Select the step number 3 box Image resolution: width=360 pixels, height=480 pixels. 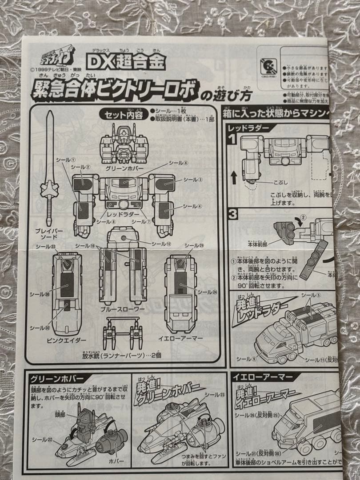(x=232, y=213)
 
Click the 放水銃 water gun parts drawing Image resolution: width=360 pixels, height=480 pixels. (x=122, y=333)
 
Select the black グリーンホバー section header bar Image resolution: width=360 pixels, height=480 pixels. (x=56, y=378)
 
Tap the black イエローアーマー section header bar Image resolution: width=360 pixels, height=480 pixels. (x=263, y=377)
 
